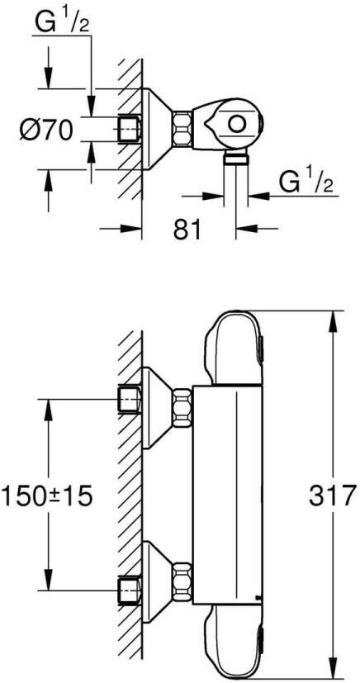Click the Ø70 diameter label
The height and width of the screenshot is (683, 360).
(45, 130)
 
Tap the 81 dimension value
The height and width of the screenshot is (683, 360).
(187, 229)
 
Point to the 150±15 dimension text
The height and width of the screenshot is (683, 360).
(47, 496)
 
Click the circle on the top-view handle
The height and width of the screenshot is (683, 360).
(236, 125)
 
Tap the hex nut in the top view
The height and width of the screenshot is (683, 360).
(182, 129)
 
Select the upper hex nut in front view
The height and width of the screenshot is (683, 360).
(182, 409)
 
